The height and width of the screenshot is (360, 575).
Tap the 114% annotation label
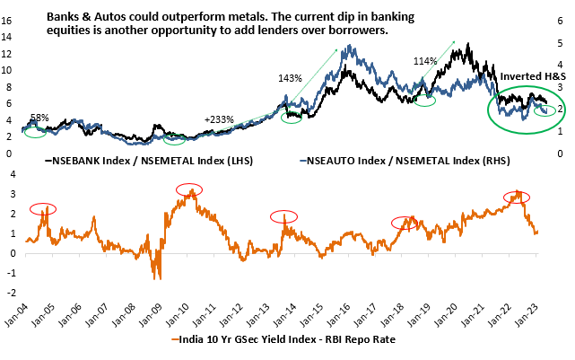coord(425,61)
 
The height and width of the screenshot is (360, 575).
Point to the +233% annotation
coord(220,119)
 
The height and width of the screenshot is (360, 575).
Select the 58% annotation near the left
coord(39,118)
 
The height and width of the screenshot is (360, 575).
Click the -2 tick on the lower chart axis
coord(10,293)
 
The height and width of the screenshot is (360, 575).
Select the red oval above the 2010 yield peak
coord(190,189)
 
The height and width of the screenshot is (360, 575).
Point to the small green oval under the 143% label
coord(292,117)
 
